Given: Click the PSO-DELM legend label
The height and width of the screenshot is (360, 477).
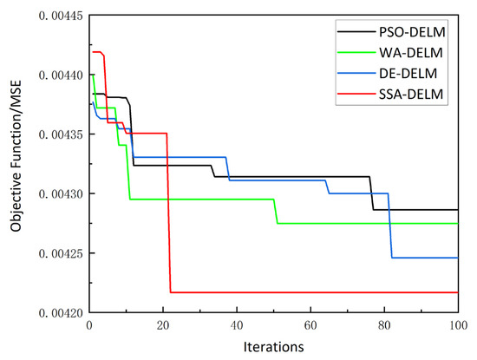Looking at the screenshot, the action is (x=412, y=32).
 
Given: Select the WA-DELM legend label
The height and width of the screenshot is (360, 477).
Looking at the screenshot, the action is (x=411, y=53).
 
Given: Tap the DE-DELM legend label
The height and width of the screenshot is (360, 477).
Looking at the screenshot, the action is (x=408, y=74).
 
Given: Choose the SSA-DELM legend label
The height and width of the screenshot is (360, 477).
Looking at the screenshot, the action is (x=411, y=94).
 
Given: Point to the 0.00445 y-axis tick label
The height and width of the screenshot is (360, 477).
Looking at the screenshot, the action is (x=61, y=16).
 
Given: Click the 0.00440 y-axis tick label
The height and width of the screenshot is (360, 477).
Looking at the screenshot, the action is (x=61, y=75).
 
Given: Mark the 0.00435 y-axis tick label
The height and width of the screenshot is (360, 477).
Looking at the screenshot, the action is (x=61, y=134).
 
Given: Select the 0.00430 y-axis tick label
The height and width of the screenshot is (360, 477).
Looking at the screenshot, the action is (x=61, y=193).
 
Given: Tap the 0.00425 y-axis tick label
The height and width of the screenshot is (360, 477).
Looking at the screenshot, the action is (x=61, y=253).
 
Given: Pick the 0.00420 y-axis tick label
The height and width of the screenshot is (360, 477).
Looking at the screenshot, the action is (x=61, y=313).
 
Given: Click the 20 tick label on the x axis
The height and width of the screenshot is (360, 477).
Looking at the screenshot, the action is (x=163, y=325).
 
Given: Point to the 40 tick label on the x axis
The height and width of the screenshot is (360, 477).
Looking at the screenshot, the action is (x=237, y=325).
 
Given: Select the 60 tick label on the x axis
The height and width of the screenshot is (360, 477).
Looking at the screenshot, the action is (x=310, y=325).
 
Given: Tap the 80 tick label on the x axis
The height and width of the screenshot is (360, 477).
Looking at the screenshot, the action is (x=384, y=325).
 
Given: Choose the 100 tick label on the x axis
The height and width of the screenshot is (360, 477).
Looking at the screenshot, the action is (x=458, y=325).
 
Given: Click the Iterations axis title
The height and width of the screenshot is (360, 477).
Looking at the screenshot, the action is (x=273, y=347).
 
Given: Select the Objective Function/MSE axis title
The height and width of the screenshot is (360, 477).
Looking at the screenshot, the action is (x=16, y=156).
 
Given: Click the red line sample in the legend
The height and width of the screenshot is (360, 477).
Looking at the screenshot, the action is (x=356, y=94).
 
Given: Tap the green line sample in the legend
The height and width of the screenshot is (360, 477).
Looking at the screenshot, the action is (x=356, y=53).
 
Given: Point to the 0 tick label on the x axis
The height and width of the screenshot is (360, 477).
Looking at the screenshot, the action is (x=89, y=325).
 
